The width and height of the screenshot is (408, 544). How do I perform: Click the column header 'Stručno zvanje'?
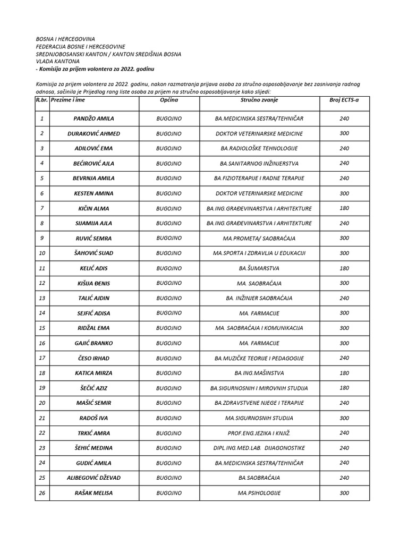pos(259,100)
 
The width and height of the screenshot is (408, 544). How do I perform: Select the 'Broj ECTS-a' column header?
pos(344,100)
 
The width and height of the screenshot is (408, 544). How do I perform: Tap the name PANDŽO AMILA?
pos(94,118)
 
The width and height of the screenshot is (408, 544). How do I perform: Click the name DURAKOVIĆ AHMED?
pos(94,133)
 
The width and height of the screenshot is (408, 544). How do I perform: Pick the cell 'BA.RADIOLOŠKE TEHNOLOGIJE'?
pos(259,148)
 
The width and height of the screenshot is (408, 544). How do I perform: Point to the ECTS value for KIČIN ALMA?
pos(344,208)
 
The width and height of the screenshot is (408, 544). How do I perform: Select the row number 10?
pos(42,253)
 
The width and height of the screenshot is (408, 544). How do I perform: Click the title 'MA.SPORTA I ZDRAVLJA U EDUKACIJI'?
pos(259,253)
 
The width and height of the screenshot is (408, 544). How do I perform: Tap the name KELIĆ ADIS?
pos(94,268)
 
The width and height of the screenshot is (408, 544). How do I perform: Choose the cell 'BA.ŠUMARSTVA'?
pos(259,268)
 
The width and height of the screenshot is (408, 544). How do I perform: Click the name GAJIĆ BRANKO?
pos(94,343)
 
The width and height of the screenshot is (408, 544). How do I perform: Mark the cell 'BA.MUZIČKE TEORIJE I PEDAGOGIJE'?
pos(259,358)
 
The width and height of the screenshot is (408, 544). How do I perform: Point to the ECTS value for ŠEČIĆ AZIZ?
pos(344,388)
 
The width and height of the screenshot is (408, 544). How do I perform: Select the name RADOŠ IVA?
pos(94,418)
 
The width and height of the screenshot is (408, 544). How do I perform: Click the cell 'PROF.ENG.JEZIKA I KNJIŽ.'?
pos(259,433)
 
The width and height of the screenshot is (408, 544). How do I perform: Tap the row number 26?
pos(42,493)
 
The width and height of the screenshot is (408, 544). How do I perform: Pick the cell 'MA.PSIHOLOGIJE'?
pos(259,493)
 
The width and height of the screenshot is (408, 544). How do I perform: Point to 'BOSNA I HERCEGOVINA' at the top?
pos(65,39)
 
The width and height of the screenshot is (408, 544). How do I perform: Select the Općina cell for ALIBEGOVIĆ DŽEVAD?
pos(169,478)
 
